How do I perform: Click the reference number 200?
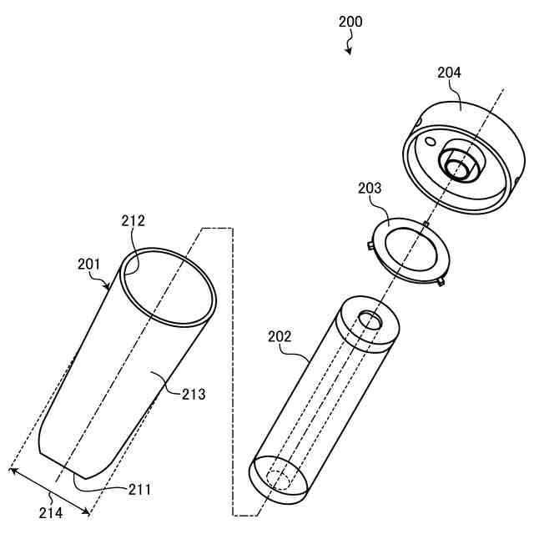coord(350,23)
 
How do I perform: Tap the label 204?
coord(449,73)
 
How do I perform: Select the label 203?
coord(370,189)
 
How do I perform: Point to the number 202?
coord(280,336)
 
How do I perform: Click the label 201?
coord(88,264)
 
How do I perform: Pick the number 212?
coord(133,221)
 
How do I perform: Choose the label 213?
coord(194,394)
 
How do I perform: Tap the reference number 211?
coord(139,489)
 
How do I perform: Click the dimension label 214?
coord(50,513)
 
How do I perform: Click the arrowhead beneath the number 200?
coord(350,51)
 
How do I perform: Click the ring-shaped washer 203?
coord(408,249)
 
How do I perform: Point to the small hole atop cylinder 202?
coord(367,318)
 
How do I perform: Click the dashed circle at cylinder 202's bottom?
coord(278,481)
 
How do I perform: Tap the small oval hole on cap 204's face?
coord(430,143)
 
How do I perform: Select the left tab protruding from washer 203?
coord(369,244)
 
